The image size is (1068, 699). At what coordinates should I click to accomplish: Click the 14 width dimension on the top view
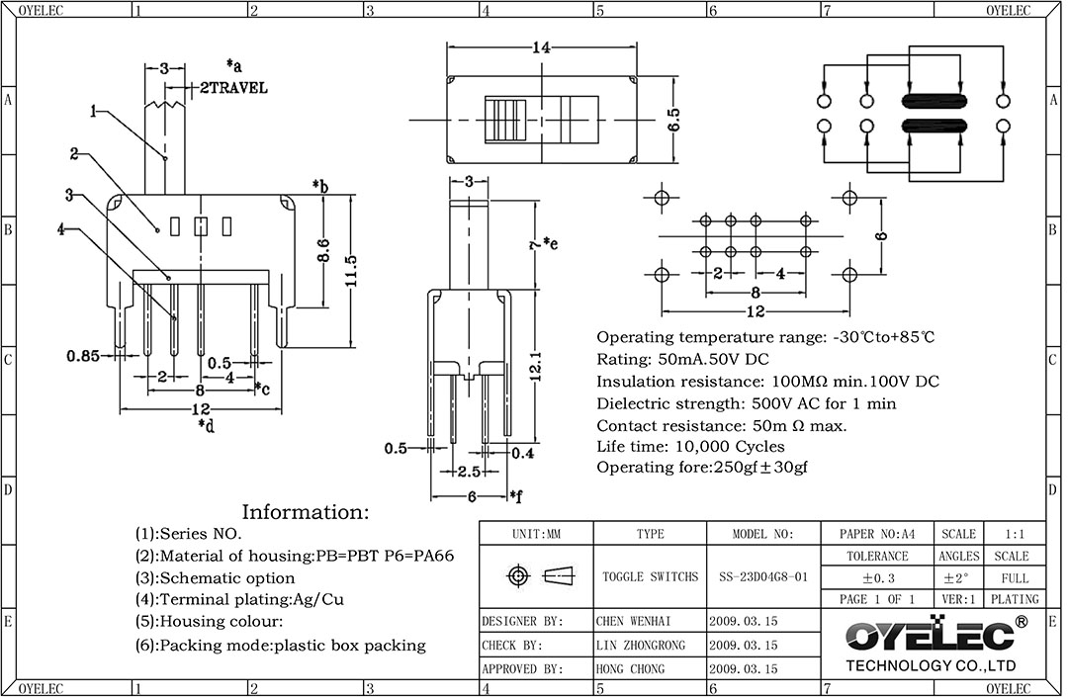click(x=540, y=47)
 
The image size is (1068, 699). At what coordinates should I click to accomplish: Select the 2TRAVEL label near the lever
click(x=233, y=88)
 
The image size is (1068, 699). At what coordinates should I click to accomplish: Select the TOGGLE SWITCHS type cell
click(x=650, y=576)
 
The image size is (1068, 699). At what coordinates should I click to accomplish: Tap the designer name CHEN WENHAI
click(x=633, y=622)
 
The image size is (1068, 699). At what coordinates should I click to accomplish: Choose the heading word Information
click(x=305, y=512)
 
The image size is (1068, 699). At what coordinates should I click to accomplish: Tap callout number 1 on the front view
click(x=93, y=111)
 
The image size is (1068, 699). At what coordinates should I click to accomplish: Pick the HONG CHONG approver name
click(x=630, y=669)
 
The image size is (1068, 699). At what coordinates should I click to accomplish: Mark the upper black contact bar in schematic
click(x=934, y=101)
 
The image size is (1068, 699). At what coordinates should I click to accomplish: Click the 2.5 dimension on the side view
click(x=468, y=473)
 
